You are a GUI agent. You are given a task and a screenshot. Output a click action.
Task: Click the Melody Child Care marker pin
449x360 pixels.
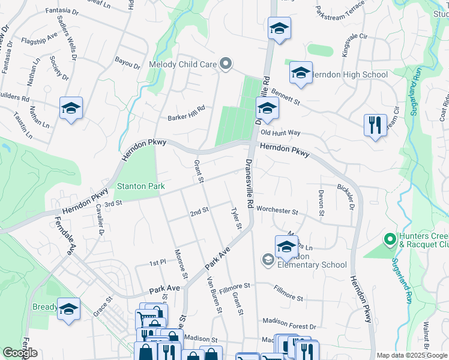pos(226,64)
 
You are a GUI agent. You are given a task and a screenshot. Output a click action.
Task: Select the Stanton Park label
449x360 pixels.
pos(140,186)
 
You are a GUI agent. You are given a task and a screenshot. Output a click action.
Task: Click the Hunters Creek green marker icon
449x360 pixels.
pos(389,239)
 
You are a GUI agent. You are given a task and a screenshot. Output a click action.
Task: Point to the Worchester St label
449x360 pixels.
pos(277,211)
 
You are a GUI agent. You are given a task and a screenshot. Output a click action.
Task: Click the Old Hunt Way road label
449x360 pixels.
pos(280,133)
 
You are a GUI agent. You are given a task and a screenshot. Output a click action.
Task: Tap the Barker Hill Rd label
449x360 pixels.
pos(187,109)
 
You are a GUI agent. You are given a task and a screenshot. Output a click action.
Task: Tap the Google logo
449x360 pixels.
pos(20,353)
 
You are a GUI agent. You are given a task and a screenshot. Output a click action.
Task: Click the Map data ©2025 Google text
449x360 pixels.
pos(412,355)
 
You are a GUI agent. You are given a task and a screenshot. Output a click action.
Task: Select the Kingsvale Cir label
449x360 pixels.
pos(346,46)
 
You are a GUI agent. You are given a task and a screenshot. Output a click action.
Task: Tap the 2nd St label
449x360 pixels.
pos(199,212)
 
